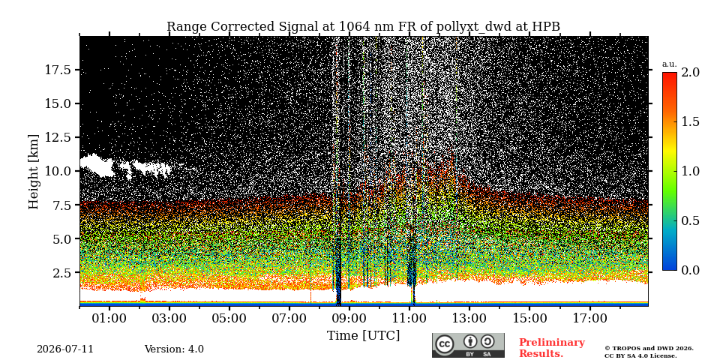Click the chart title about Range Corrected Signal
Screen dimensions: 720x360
[x=363, y=27]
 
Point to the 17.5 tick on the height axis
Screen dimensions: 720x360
[x=57, y=70]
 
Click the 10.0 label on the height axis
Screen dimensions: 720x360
[x=57, y=171]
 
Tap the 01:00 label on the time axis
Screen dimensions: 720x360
[x=109, y=318]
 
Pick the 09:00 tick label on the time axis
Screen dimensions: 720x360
[x=349, y=318]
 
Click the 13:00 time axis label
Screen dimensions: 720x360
[x=469, y=318]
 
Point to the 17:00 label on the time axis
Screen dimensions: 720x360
[x=589, y=318]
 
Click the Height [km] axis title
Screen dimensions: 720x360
[x=34, y=171]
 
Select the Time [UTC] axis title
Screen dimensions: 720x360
[x=363, y=336]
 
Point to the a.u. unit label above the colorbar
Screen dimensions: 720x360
[x=670, y=64]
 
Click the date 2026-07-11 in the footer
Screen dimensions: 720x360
[x=65, y=349]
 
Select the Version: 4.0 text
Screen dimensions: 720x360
[x=174, y=349]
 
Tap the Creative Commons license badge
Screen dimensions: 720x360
[x=468, y=345]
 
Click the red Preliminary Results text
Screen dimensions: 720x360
[x=552, y=348]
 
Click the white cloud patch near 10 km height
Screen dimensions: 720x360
[x=124, y=166]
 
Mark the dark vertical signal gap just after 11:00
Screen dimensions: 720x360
[x=412, y=271]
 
